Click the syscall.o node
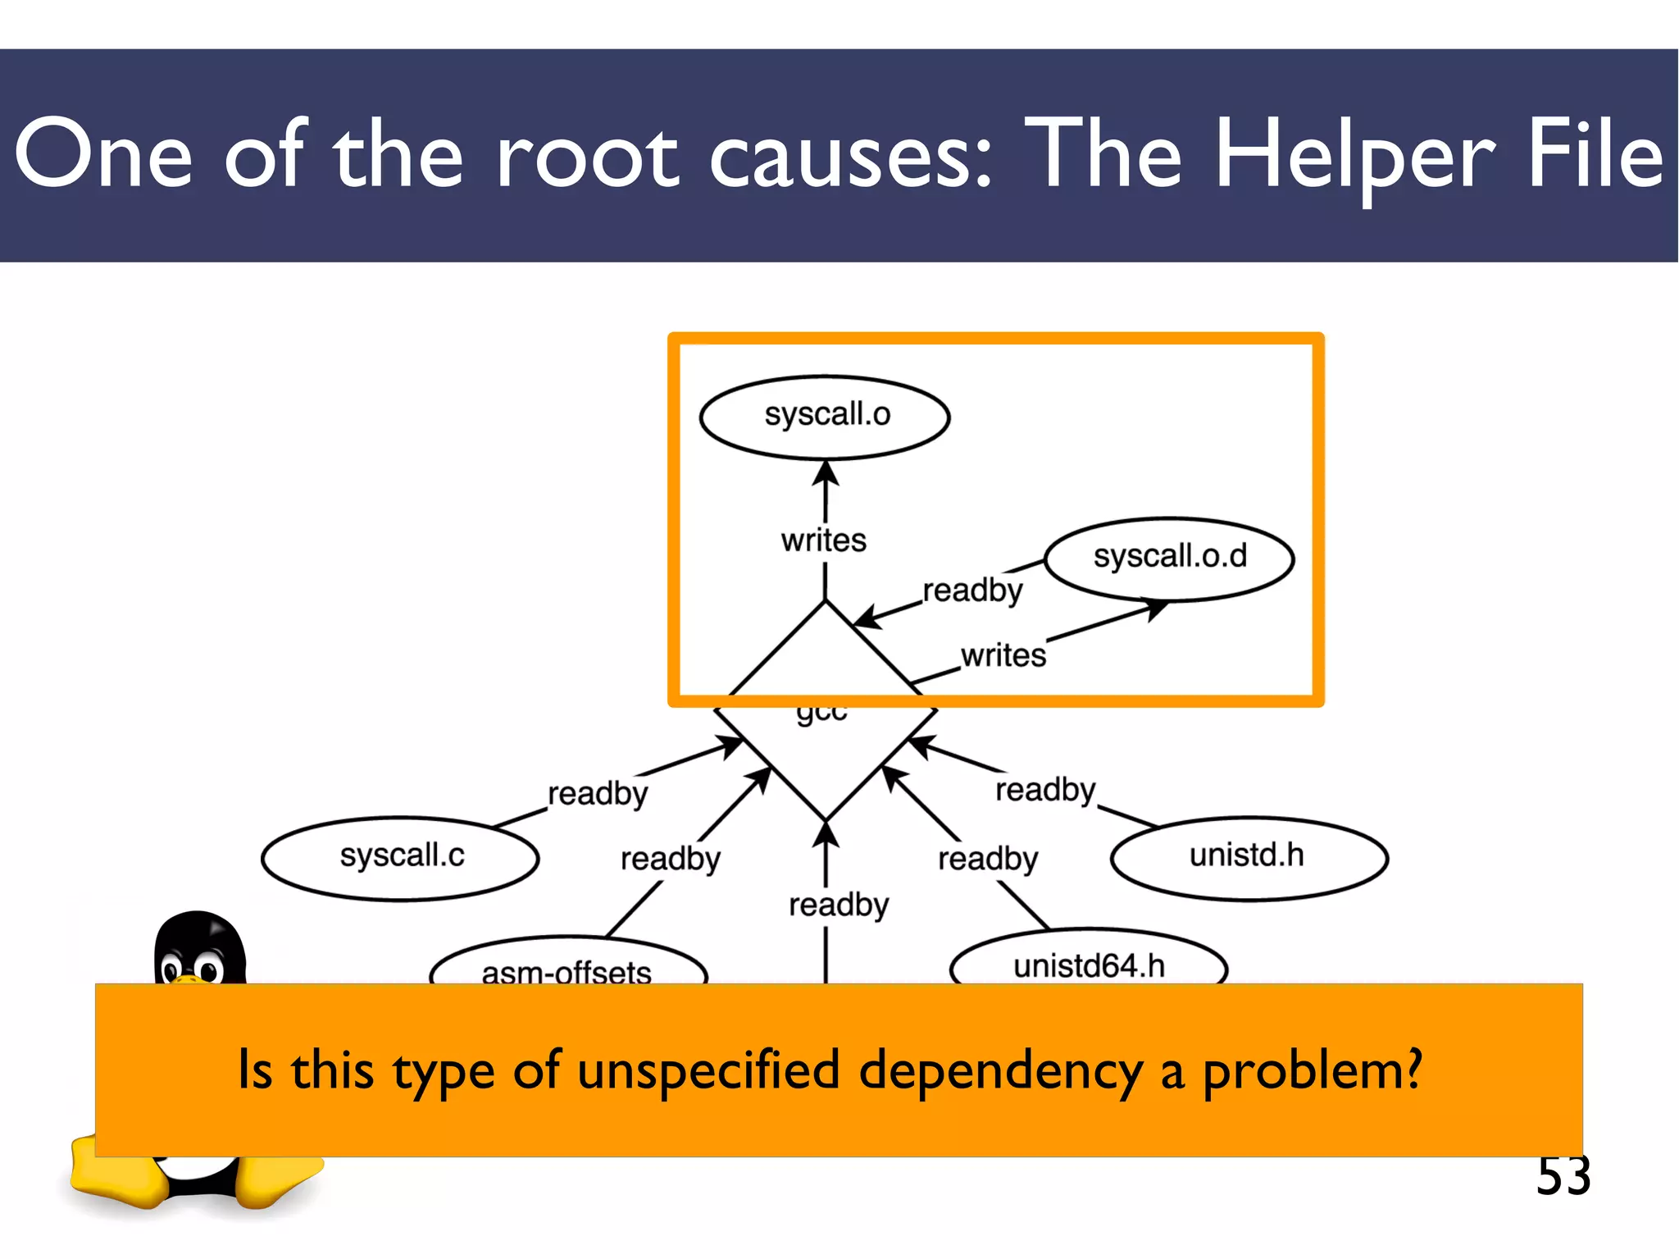(x=825, y=417)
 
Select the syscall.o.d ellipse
(x=1169, y=559)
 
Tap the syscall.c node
(x=401, y=857)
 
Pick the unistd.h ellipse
(x=1248, y=857)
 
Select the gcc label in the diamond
(x=821, y=712)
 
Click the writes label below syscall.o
(x=823, y=541)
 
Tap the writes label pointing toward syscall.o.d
(x=1003, y=655)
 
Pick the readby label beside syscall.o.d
(x=973, y=591)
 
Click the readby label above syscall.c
(x=598, y=793)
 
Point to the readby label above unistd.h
(x=1045, y=790)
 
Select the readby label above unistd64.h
(x=988, y=859)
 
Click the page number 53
(x=1563, y=1176)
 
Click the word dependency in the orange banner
(x=1000, y=1071)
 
